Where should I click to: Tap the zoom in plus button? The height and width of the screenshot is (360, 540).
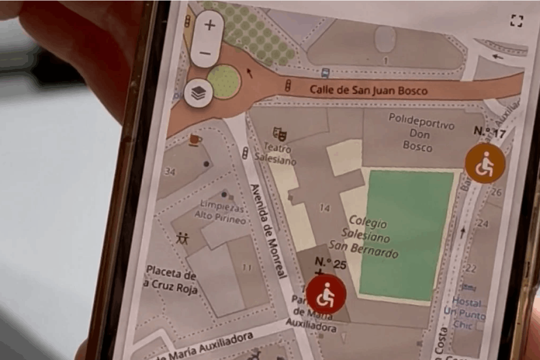210,25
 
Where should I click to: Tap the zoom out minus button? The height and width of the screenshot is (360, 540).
206,53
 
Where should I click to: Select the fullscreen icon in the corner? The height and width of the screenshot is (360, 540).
517,21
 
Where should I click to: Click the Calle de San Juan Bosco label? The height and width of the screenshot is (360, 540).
368,90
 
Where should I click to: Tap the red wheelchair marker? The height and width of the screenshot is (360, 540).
326,294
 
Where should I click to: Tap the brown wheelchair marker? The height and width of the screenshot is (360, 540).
485,163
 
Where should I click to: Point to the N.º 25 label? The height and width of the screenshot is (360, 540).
330,264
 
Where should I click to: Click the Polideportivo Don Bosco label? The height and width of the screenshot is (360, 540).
420,132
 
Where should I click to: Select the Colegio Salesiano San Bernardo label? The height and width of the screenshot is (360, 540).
365,237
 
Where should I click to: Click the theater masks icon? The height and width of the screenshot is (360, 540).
279,134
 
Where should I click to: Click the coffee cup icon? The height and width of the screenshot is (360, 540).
195,139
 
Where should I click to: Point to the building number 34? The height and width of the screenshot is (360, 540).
170,172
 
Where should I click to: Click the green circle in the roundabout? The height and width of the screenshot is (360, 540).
224,82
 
